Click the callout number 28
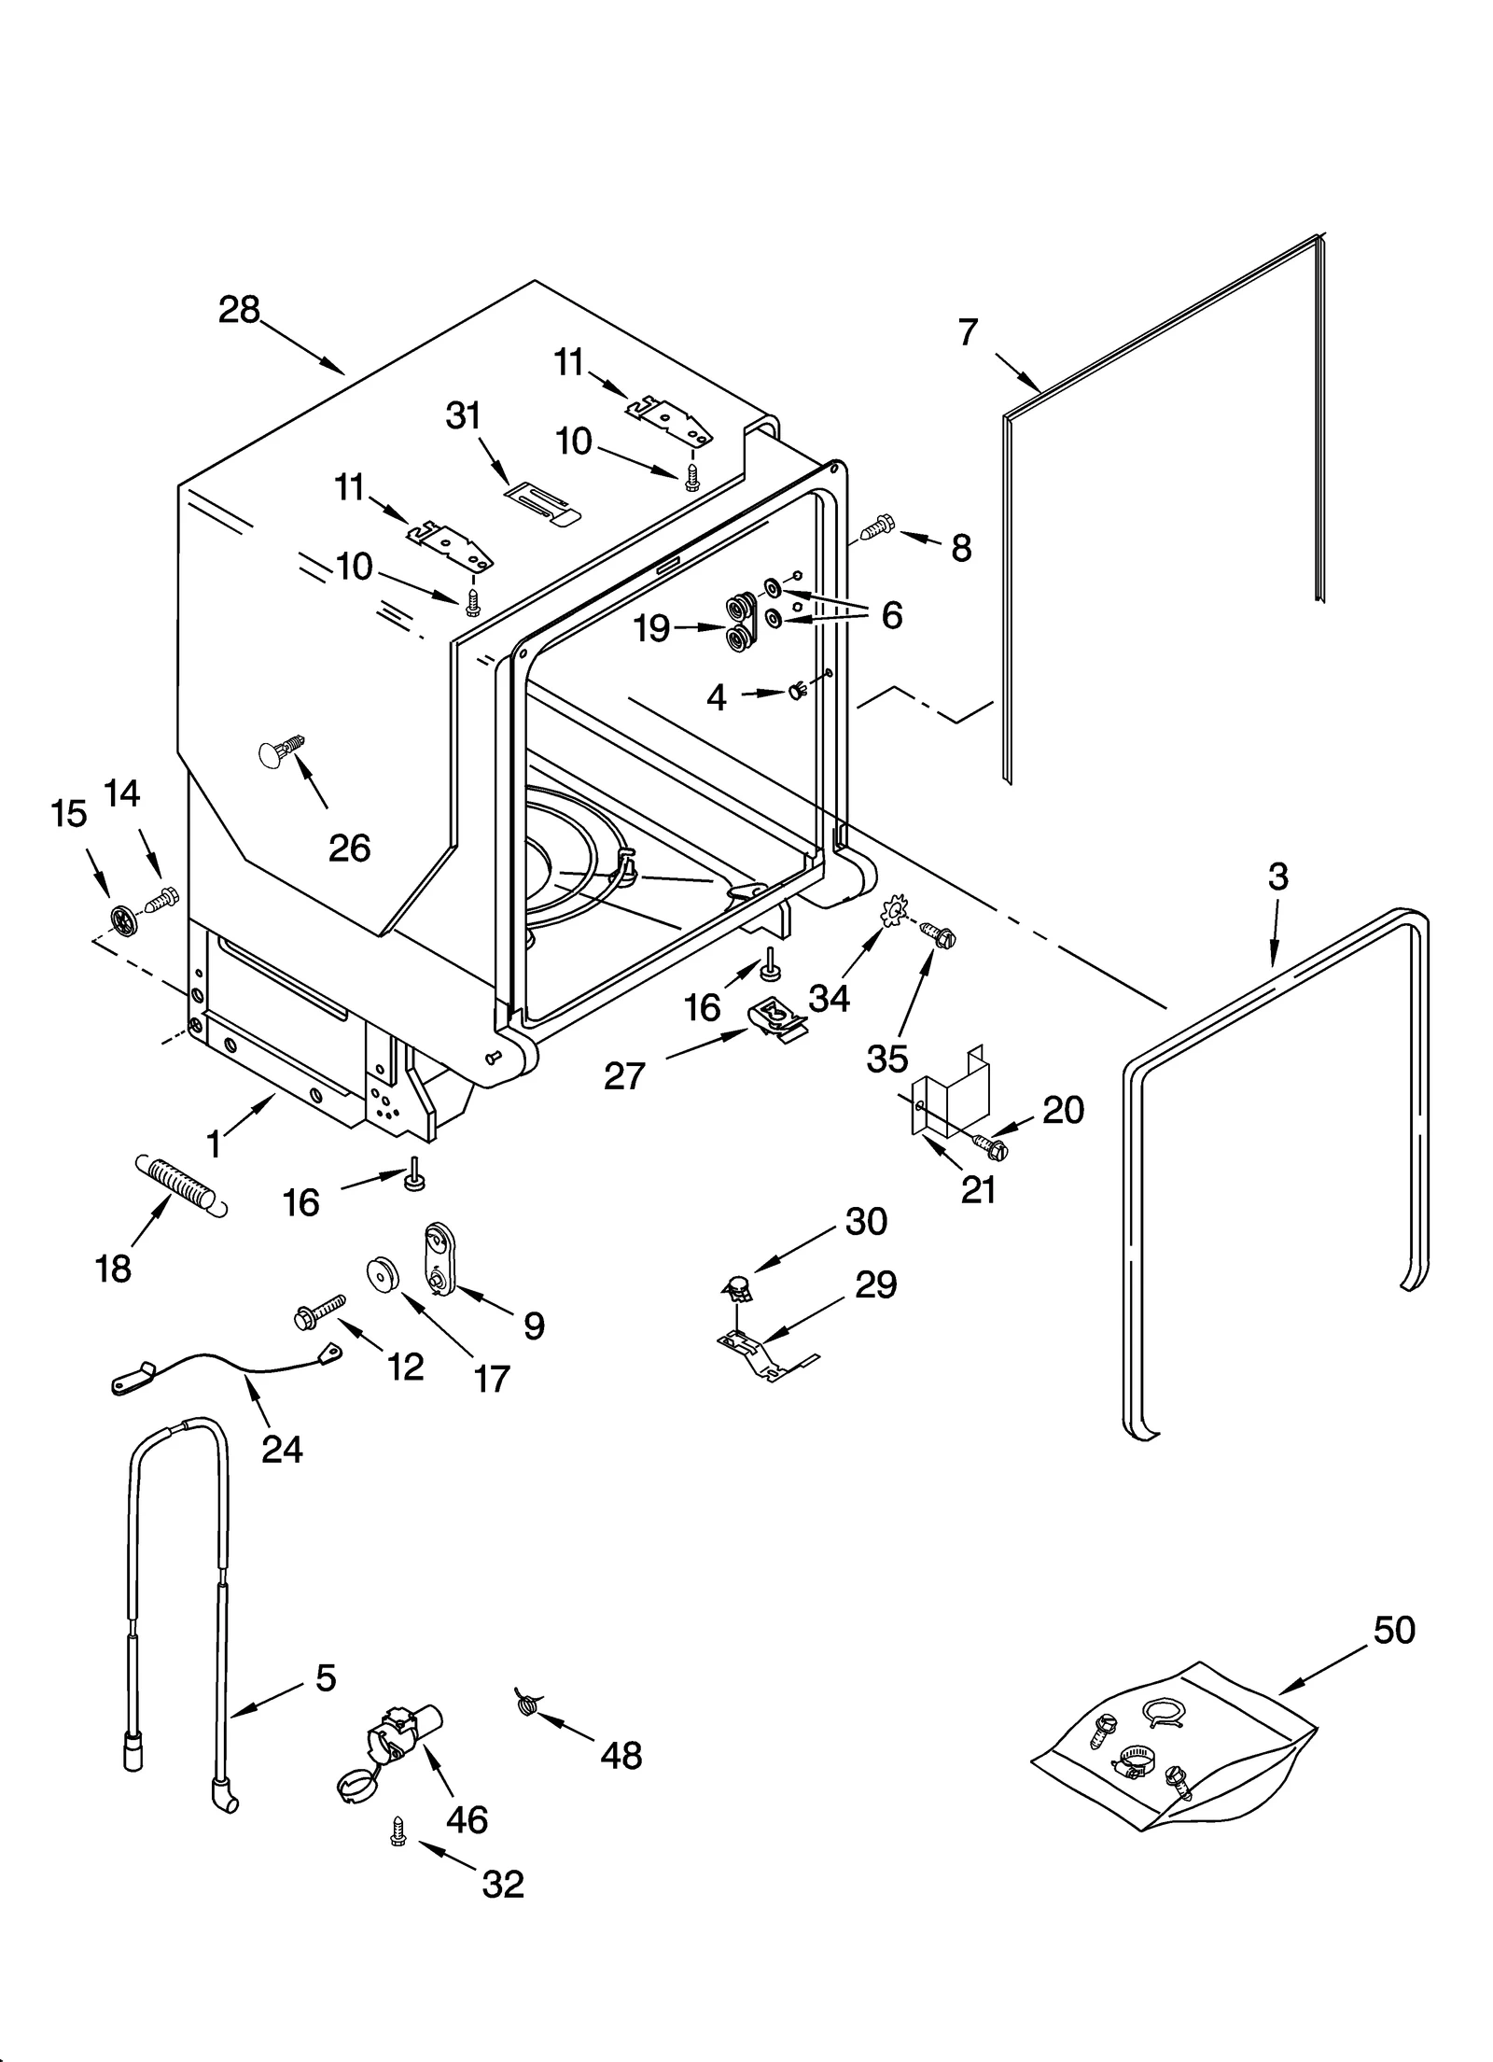click(239, 310)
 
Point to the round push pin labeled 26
click(281, 750)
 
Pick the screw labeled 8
click(876, 529)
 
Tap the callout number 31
click(463, 415)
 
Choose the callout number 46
click(467, 1818)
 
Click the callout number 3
click(1277, 876)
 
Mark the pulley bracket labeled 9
click(438, 1257)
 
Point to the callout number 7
click(968, 331)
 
